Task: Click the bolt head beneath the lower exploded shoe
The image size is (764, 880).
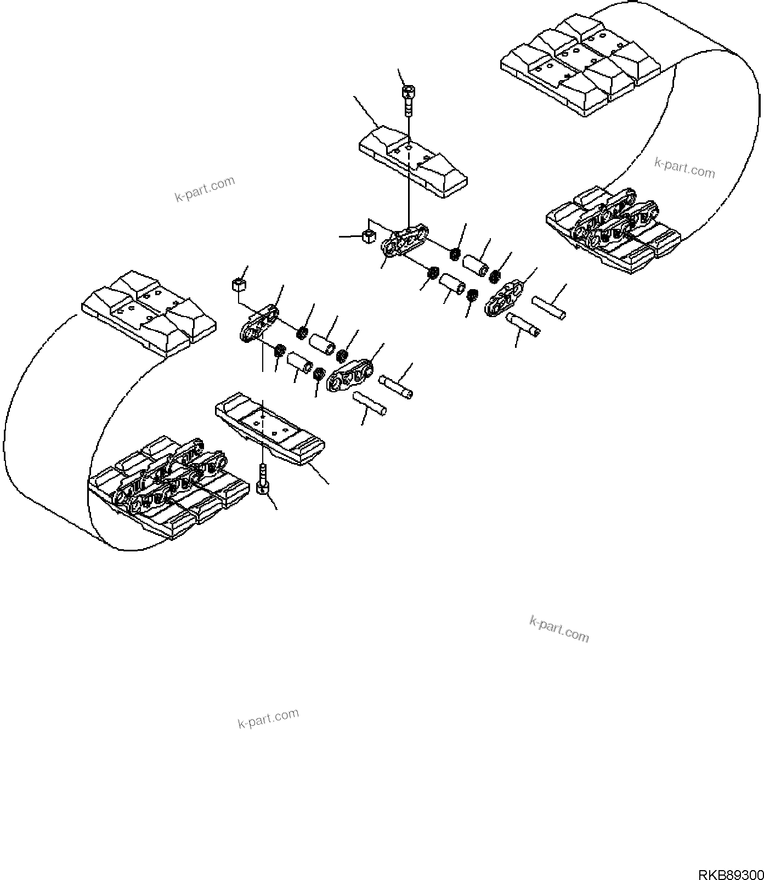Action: pos(263,486)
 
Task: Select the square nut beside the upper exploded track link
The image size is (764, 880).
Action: pos(367,236)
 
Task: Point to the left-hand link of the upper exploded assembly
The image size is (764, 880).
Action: pos(405,239)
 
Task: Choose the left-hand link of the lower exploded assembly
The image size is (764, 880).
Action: pos(259,324)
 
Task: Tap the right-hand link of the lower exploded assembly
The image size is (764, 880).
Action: pos(349,375)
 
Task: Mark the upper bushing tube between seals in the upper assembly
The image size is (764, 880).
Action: pos(476,262)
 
